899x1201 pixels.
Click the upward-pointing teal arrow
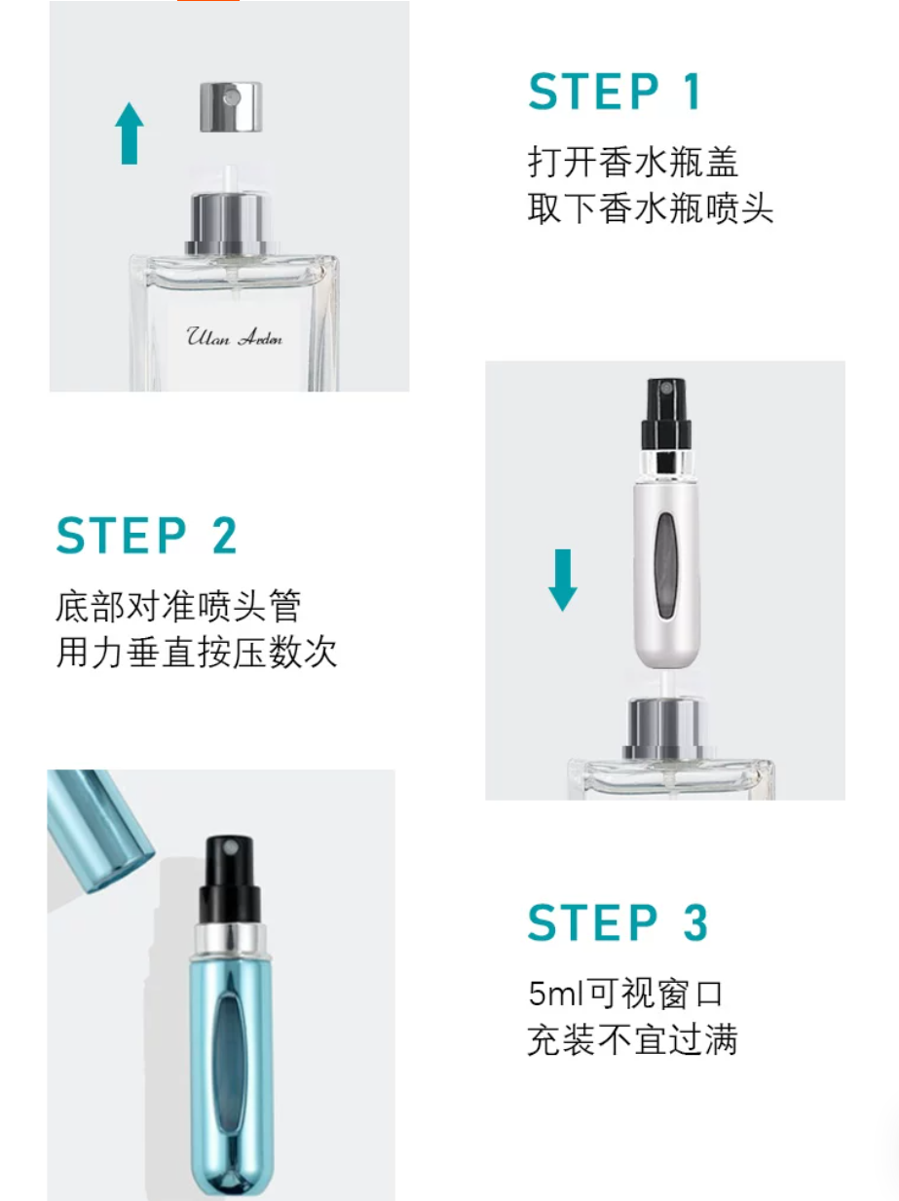(130, 133)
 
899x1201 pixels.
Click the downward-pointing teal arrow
(563, 580)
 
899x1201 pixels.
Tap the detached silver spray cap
(231, 107)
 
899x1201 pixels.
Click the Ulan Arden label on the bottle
(234, 336)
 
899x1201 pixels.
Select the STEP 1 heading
(615, 92)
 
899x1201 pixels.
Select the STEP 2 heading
(147, 535)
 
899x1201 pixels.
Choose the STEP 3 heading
(618, 922)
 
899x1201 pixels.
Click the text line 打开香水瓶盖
(633, 162)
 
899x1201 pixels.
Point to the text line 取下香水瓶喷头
(651, 208)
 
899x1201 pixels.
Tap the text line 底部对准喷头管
(178, 606)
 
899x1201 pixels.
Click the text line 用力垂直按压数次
(197, 653)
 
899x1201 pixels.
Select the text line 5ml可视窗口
(625, 994)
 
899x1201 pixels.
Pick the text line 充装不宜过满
(632, 1039)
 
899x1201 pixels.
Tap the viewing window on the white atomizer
(667, 565)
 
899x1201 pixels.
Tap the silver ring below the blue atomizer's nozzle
(231, 940)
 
